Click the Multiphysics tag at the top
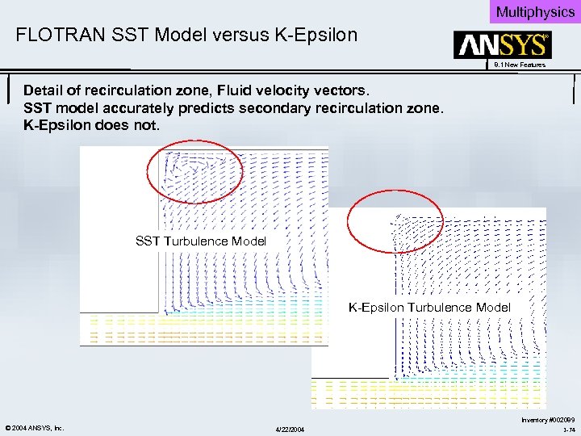[534, 11]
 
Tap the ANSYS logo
[501, 45]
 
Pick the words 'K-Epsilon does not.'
[92, 127]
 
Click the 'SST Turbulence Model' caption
[201, 241]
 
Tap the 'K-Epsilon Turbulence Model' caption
[429, 307]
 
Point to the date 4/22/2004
[290, 428]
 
